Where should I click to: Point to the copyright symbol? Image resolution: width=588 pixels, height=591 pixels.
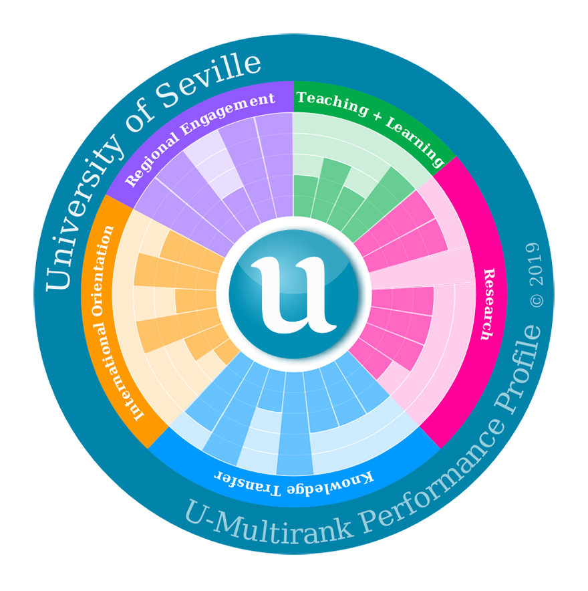tap(537, 300)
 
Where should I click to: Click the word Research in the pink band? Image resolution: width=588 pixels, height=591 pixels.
tap(488, 304)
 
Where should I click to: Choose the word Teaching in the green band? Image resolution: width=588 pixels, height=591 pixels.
tap(332, 102)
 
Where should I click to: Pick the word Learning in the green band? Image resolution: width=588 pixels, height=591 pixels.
tap(417, 140)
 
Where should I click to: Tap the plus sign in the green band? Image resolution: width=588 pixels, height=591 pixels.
tap(377, 116)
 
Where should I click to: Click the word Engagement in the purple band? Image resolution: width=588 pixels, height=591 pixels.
tap(228, 112)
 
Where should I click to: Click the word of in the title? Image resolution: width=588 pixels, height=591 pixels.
tap(138, 120)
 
